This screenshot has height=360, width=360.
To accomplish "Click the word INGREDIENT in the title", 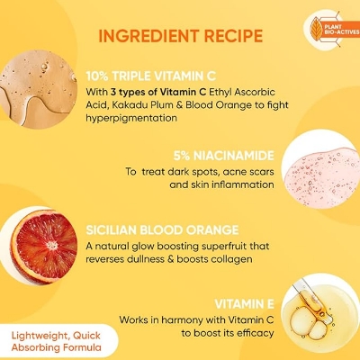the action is pos(148,36).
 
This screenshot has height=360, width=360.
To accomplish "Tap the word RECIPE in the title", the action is pos(233,36).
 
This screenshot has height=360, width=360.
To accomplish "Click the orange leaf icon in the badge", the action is pos(316,30).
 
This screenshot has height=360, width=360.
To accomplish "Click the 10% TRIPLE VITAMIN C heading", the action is pos(151,76).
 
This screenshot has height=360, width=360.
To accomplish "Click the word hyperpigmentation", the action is pos(131,118).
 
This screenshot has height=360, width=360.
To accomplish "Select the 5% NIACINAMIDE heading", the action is pos(224,156).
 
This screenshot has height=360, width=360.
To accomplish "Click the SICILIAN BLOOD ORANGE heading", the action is pos(162,230).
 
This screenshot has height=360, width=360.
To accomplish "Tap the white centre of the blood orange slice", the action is pos(52,246).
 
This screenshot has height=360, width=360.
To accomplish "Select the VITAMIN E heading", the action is pos(244,304).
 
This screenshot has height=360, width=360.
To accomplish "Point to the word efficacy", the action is pos(256,333).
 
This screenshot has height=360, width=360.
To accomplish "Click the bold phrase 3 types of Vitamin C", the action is pos(158,92).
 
